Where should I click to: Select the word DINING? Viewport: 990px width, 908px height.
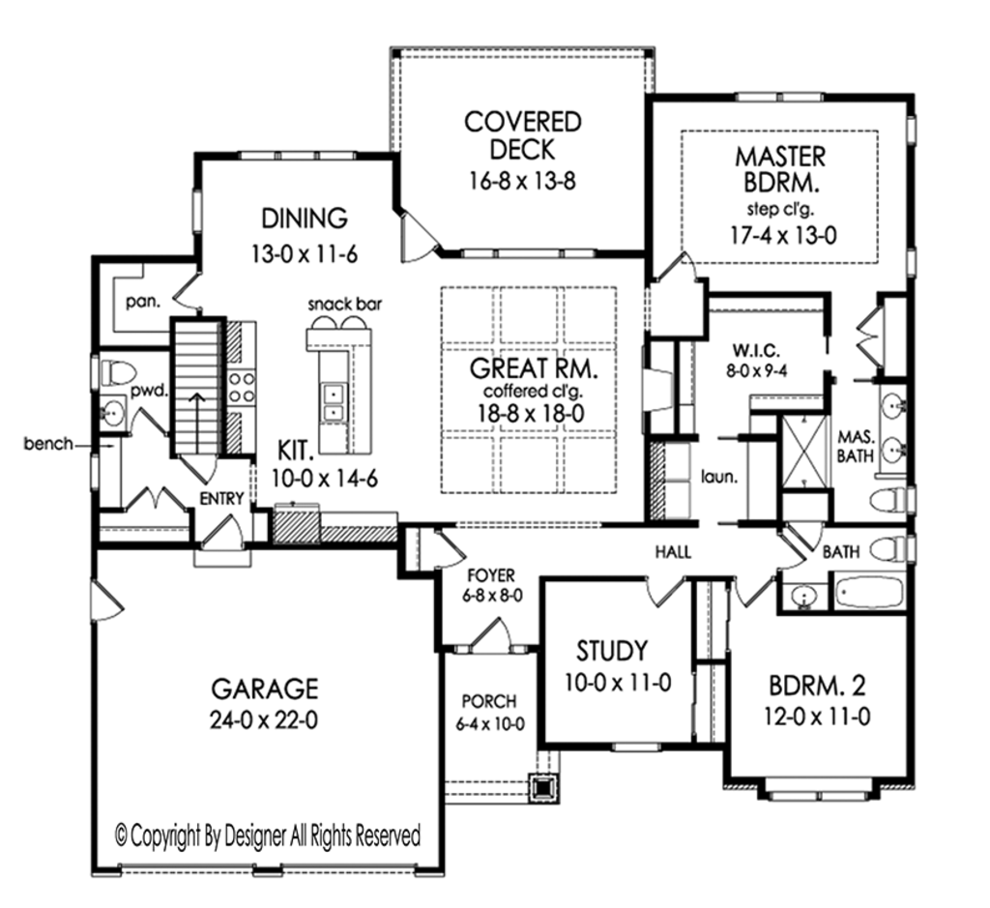(304, 216)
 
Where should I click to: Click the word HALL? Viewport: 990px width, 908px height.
(673, 552)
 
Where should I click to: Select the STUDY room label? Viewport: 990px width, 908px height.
(612, 649)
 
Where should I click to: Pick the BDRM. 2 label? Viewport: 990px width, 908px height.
(817, 687)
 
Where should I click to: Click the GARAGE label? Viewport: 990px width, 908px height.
(264, 688)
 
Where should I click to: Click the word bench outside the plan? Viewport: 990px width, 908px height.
(49, 444)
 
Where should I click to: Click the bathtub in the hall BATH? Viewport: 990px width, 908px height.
(868, 591)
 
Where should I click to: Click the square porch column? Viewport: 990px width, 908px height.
(544, 787)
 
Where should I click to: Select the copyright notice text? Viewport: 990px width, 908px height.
(268, 834)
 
